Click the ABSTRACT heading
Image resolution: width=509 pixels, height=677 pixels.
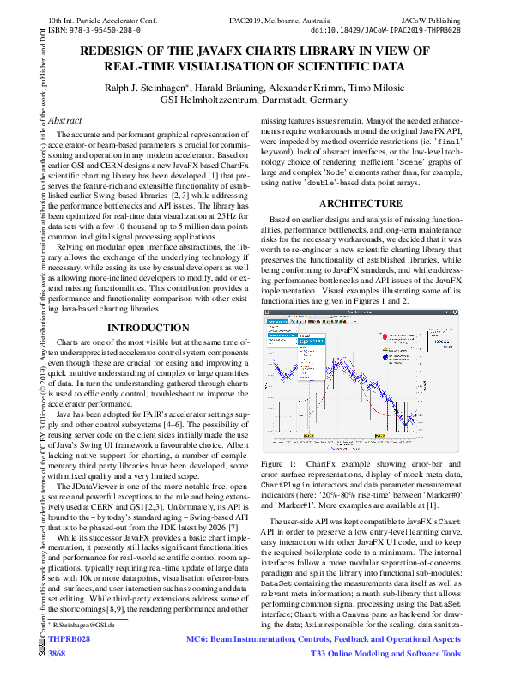pos(65,121)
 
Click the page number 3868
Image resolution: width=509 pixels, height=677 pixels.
pos(57,654)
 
